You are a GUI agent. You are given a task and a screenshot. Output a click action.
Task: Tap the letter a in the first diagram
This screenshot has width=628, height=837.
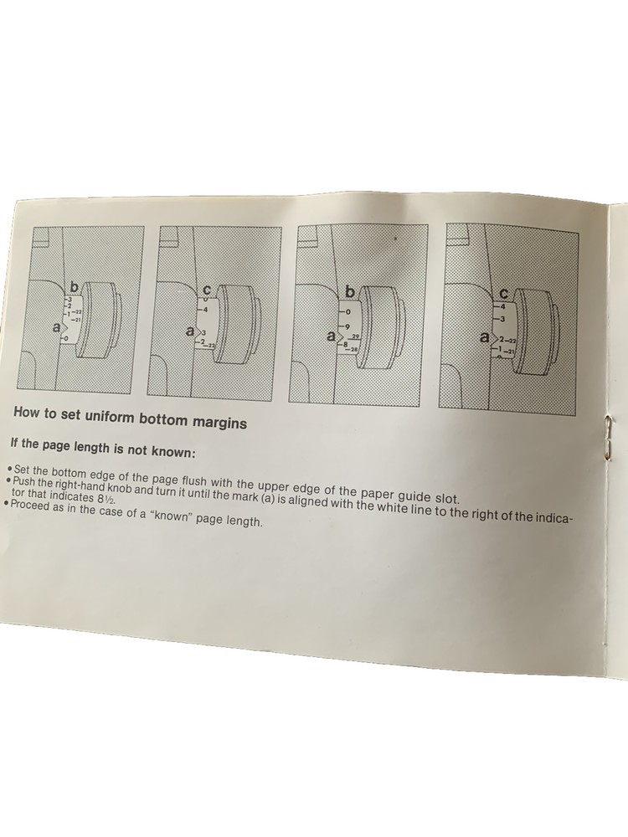point(56,328)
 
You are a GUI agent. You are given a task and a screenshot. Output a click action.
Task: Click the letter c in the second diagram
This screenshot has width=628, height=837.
point(208,290)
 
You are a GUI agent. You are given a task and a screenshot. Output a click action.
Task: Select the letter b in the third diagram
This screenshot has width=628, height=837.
point(349,292)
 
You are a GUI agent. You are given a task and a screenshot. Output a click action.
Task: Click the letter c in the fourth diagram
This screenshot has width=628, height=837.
point(503,294)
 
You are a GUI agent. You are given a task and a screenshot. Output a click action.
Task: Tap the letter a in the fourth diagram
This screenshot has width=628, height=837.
point(485,337)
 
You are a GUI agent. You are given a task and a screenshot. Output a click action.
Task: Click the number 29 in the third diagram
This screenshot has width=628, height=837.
point(354,336)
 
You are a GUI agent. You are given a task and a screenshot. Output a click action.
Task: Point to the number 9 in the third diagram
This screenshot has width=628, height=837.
point(347,326)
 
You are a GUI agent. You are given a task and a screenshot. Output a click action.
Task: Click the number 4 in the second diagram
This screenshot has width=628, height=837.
point(204,309)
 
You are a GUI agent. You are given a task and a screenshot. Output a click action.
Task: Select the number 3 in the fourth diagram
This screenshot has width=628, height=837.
point(502,319)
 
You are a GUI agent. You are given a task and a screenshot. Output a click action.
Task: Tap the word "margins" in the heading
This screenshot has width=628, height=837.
point(219,422)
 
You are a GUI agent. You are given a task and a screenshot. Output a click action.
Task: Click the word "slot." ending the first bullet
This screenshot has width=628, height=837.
point(445,499)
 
